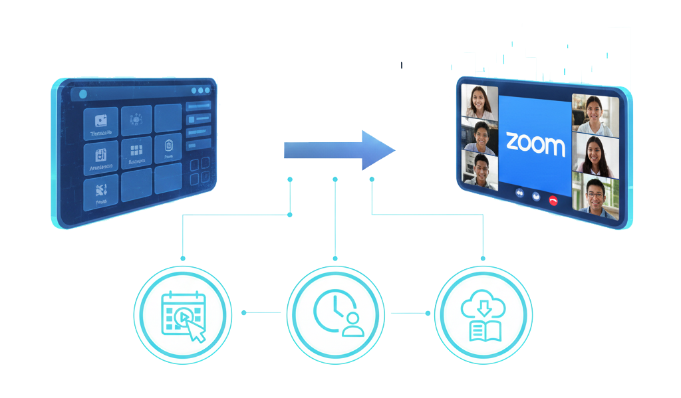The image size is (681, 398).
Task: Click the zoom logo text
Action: pyautogui.click(x=535, y=144)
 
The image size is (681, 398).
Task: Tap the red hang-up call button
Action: pyautogui.click(x=553, y=199)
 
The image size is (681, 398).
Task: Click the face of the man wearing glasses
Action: pyautogui.click(x=595, y=191)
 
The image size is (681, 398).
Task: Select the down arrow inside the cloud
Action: pyautogui.click(x=483, y=306)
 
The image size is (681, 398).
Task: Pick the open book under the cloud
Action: pyautogui.click(x=483, y=330)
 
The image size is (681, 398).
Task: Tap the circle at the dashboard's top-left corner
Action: pyautogui.click(x=82, y=94)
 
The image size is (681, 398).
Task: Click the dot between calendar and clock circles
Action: pyautogui.click(x=244, y=312)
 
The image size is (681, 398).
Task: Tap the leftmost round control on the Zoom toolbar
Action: pyautogui.click(x=519, y=194)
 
